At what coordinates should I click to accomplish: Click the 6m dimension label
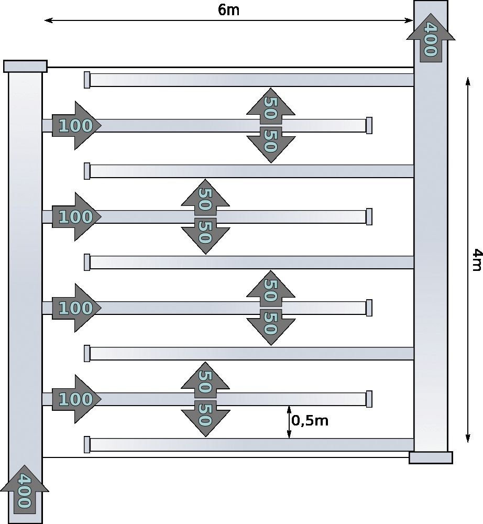[x=228, y=9]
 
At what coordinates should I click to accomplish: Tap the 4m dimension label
[x=477, y=259]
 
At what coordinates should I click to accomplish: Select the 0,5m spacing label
[x=310, y=420]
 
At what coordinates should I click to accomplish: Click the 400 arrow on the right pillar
[x=431, y=38]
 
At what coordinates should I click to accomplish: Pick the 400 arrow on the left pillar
[x=25, y=489]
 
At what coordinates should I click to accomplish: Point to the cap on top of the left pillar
[x=25, y=66]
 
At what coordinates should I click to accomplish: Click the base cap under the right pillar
[x=431, y=457]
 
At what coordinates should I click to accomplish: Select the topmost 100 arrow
[x=76, y=125]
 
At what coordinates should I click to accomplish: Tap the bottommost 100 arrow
[x=76, y=399]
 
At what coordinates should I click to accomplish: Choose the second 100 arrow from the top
[x=76, y=216]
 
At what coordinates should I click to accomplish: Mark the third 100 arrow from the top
[x=76, y=308]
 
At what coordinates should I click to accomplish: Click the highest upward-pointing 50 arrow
[x=271, y=106]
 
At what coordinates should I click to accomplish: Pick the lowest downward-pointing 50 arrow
[x=205, y=418]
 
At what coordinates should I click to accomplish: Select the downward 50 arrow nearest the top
[x=271, y=145]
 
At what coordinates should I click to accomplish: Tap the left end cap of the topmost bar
[x=87, y=80]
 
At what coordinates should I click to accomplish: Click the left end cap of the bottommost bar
[x=87, y=444]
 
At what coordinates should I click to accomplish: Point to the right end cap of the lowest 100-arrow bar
[x=369, y=399]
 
